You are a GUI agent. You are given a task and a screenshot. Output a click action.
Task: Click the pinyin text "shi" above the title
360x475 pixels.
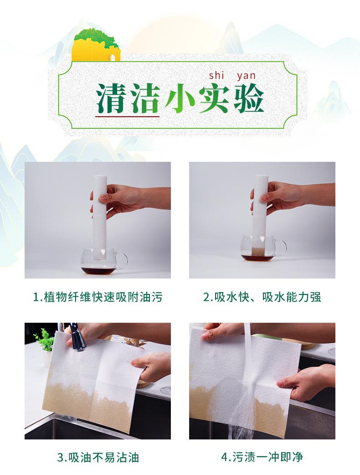click(x=216, y=75)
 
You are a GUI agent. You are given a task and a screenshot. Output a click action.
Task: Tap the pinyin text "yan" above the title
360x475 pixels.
click(x=246, y=76)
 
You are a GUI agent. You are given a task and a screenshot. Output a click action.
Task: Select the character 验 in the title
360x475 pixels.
click(x=248, y=98)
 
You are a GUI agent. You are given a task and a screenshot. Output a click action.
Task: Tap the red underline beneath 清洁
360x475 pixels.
click(x=128, y=116)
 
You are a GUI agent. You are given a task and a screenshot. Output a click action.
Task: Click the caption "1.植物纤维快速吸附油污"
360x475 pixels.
click(x=98, y=297)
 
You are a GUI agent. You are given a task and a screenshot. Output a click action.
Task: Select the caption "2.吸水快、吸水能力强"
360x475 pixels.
click(x=262, y=297)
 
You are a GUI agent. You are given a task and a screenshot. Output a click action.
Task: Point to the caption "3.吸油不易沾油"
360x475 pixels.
click(x=98, y=457)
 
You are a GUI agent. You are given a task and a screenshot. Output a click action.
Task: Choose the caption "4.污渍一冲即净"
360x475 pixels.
click(x=262, y=457)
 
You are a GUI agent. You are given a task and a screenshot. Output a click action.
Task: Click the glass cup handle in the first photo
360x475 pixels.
click(x=121, y=261)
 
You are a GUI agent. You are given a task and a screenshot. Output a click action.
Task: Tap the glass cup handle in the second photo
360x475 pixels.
click(x=281, y=248)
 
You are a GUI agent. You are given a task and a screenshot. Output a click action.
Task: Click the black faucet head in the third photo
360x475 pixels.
click(x=76, y=337)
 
